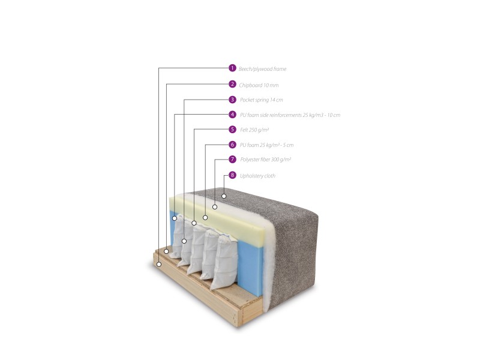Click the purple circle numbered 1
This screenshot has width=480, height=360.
(x=232, y=68)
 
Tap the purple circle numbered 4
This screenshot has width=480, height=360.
(x=232, y=115)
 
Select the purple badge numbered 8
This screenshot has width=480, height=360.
(x=232, y=175)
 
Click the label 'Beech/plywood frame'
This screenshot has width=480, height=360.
(x=262, y=69)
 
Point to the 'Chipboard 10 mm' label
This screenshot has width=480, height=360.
(x=259, y=85)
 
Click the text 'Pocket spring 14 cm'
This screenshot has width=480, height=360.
(x=262, y=100)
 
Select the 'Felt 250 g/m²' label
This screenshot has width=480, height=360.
(x=254, y=130)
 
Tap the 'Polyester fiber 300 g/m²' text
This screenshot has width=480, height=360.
(x=265, y=160)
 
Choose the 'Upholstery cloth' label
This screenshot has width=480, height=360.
(x=257, y=176)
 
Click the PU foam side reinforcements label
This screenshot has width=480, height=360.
(x=290, y=115)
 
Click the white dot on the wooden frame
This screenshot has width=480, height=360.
(x=159, y=264)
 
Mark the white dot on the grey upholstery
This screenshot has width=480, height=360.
(x=224, y=196)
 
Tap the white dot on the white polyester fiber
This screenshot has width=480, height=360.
(x=215, y=207)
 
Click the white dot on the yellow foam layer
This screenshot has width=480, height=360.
(x=205, y=218)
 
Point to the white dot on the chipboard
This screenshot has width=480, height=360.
(x=166, y=251)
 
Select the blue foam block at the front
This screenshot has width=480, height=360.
(x=250, y=267)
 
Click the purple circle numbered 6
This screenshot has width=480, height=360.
(x=232, y=145)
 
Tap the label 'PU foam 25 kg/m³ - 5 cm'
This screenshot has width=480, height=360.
(x=266, y=145)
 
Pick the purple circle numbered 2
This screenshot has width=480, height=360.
(x=232, y=84)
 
